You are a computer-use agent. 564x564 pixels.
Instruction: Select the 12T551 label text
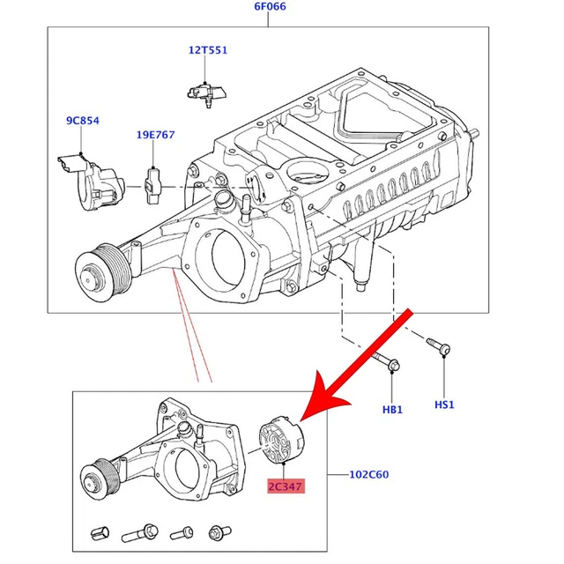(x=207, y=50)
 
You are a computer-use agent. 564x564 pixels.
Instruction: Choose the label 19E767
(x=155, y=135)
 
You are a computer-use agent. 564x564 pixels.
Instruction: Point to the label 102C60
(x=369, y=474)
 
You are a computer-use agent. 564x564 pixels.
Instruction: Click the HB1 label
(x=392, y=410)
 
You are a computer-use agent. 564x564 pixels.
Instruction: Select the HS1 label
(x=444, y=404)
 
